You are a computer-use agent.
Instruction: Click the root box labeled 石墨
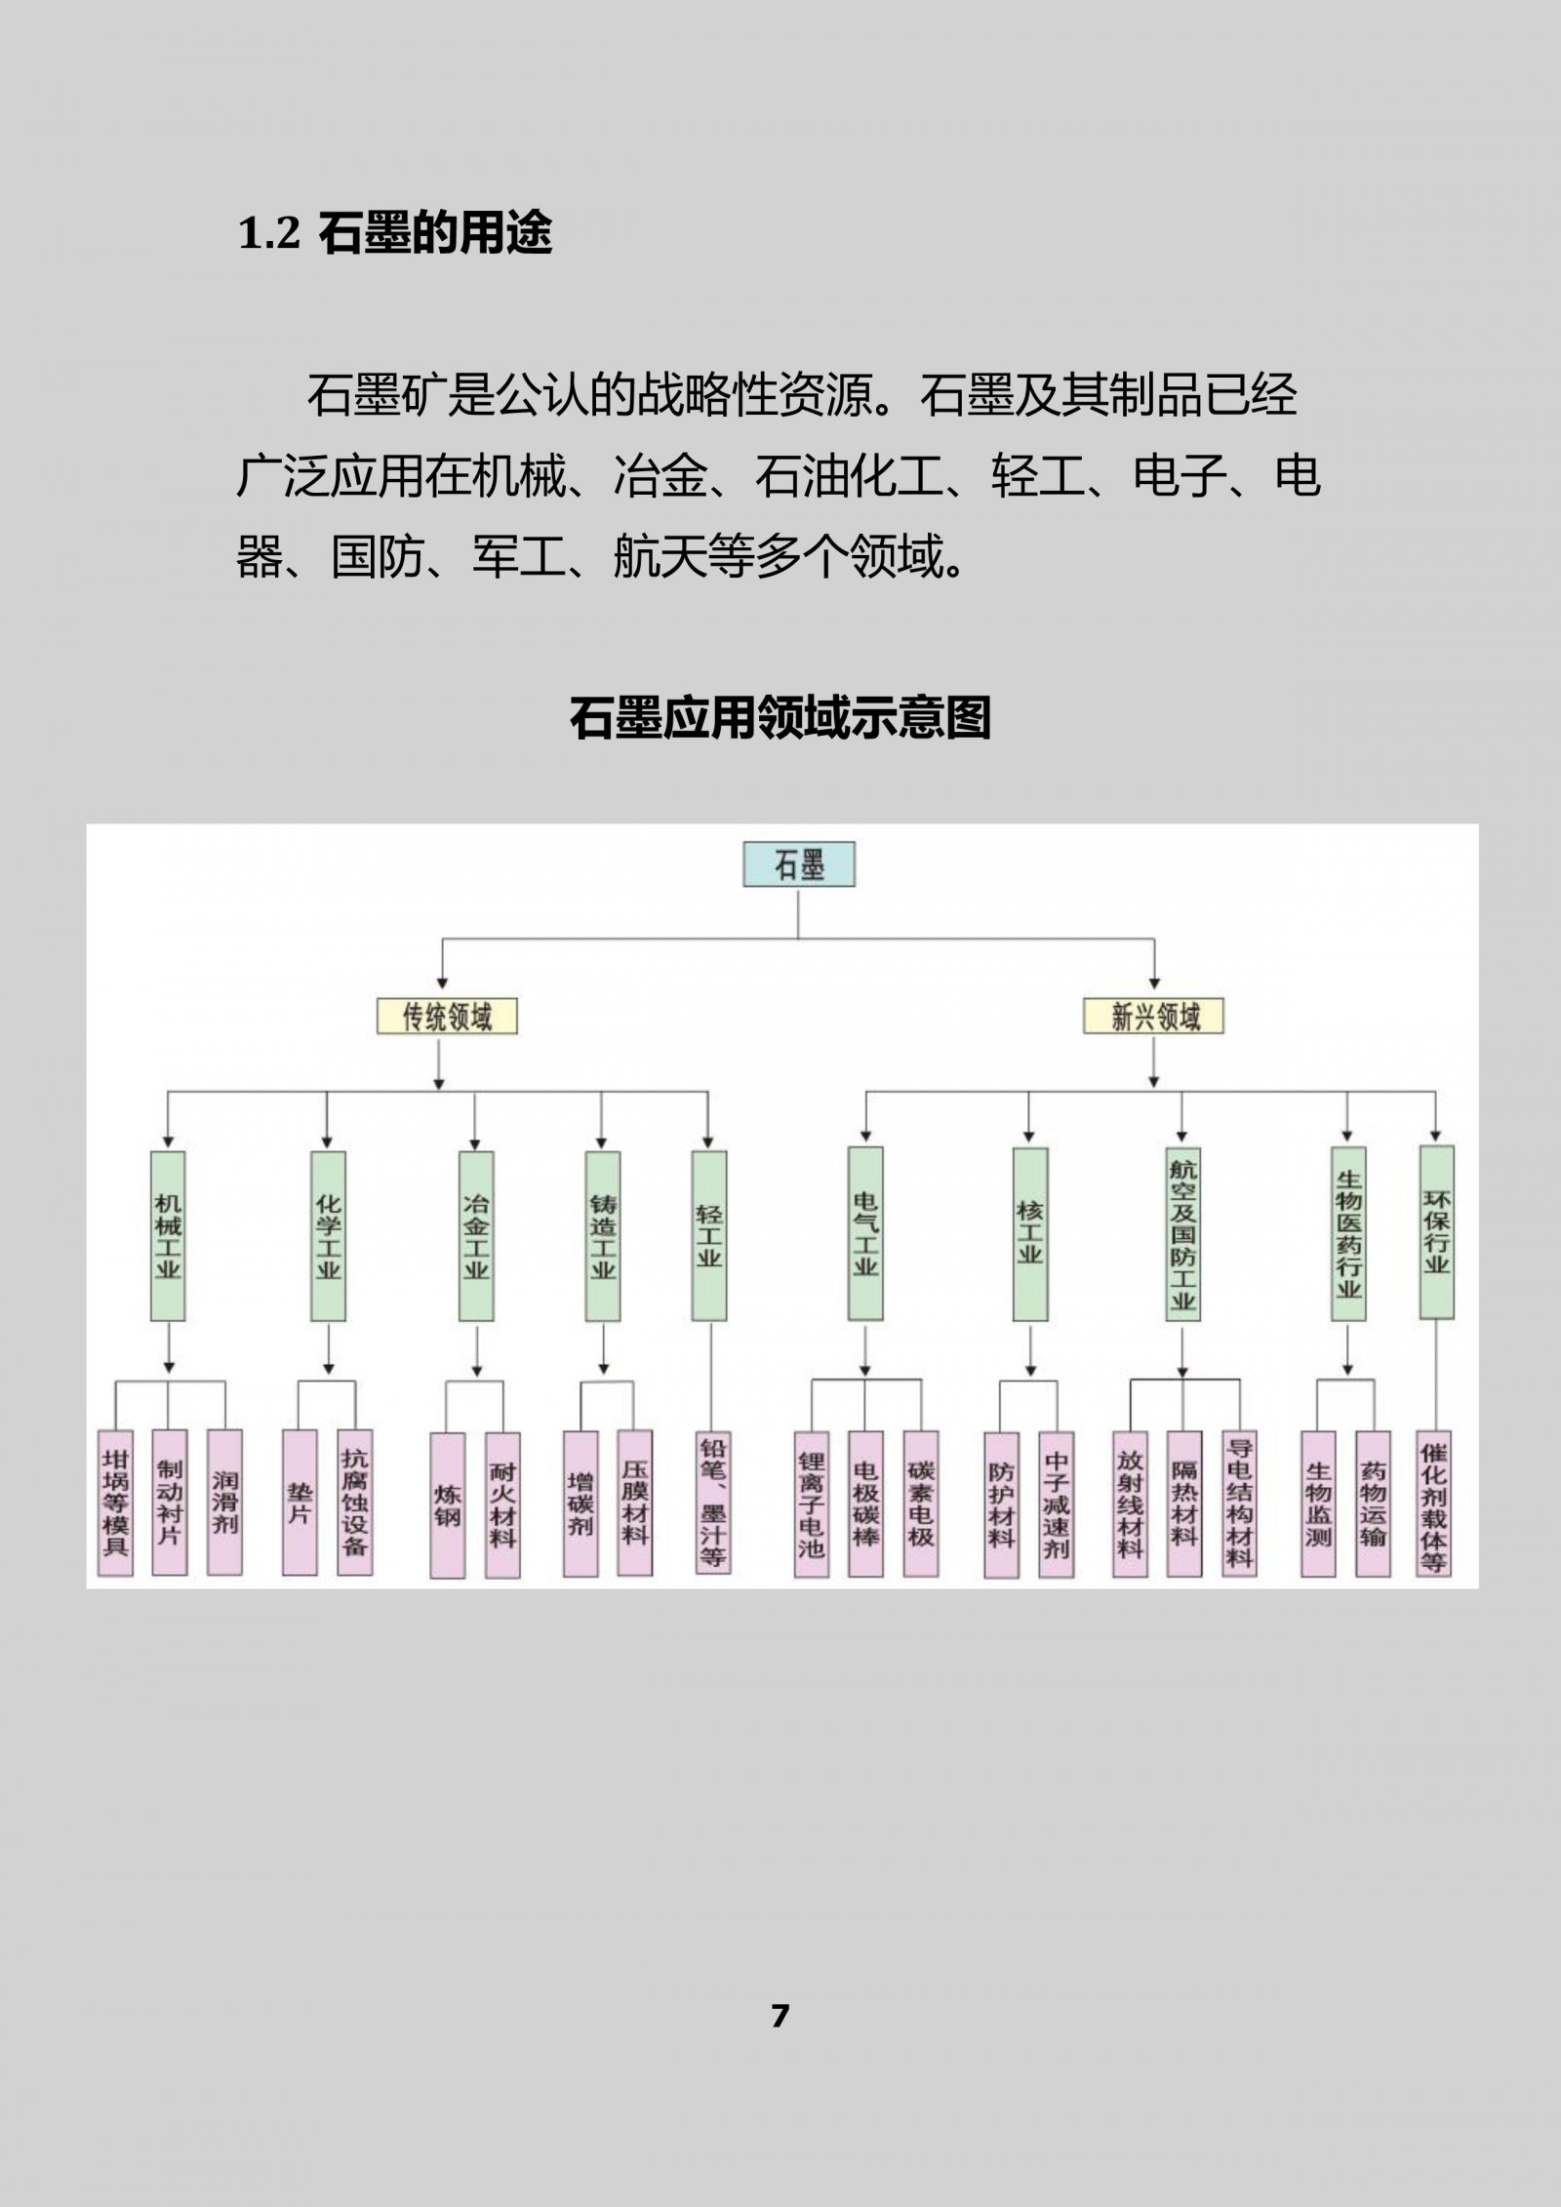click(799, 864)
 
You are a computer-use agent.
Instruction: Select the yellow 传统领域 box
click(447, 1017)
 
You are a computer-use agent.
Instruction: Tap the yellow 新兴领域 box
click(1154, 1017)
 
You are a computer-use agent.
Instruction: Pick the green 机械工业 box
click(168, 1236)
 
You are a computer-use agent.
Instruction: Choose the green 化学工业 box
click(328, 1236)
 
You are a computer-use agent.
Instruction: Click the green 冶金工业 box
click(476, 1236)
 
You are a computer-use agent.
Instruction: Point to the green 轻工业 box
click(709, 1236)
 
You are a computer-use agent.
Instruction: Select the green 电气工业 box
click(865, 1233)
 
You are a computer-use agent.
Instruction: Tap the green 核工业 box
click(1030, 1233)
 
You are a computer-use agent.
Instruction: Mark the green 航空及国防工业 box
click(1183, 1233)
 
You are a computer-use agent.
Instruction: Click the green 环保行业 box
click(1436, 1232)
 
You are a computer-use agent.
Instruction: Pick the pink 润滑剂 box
click(224, 1503)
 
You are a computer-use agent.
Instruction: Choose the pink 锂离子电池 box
click(811, 1505)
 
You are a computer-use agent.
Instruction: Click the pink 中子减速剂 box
click(1056, 1505)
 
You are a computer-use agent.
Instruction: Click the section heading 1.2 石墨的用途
click(395, 233)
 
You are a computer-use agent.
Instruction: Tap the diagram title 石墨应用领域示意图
click(780, 718)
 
